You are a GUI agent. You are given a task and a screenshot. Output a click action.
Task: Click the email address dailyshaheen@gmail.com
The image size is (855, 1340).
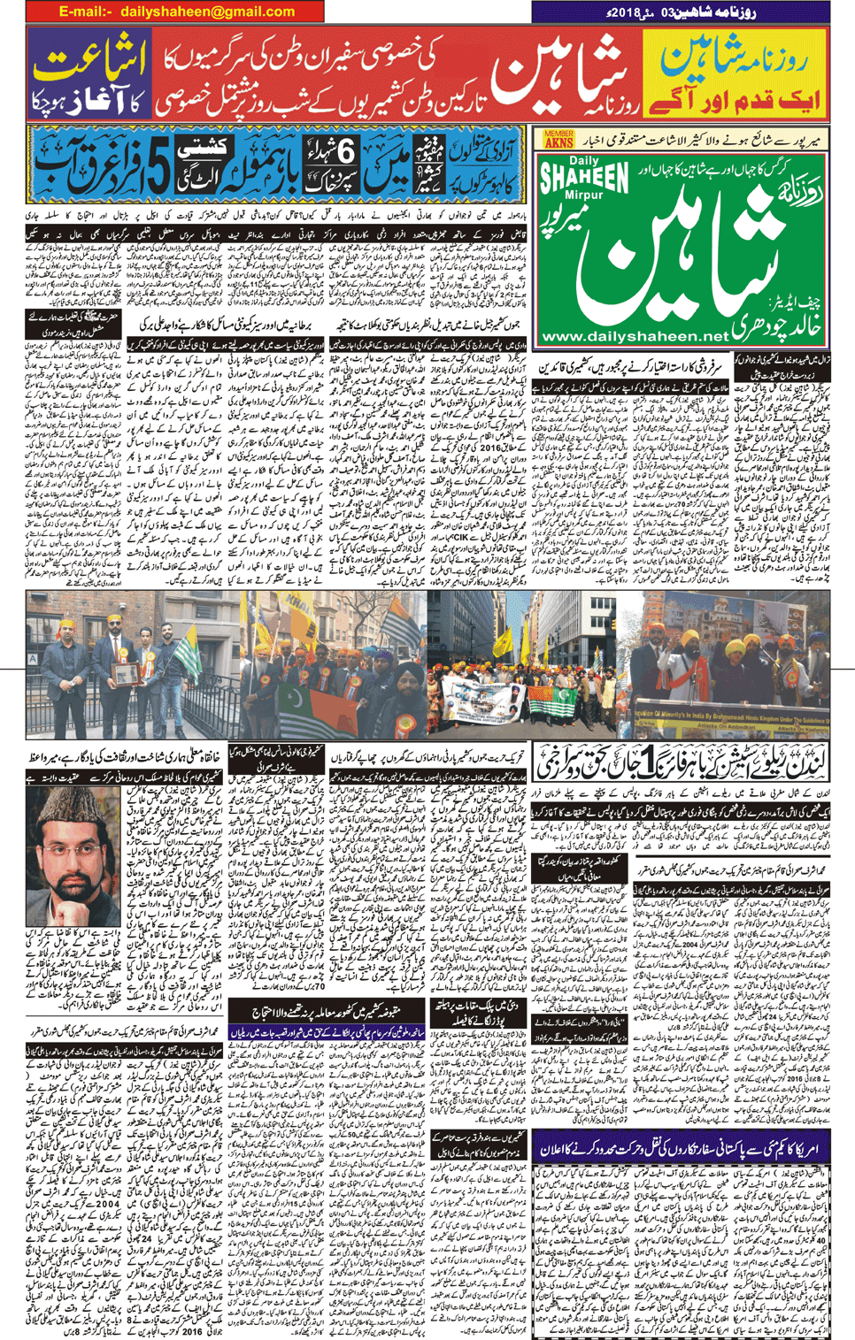tap(176, 11)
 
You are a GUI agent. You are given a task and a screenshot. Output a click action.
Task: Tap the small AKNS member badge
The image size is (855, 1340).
tap(558, 139)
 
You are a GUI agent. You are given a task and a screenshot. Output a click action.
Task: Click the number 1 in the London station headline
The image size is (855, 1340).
tap(660, 755)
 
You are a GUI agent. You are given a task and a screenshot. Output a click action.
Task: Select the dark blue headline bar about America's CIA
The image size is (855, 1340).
tap(682, 1147)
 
